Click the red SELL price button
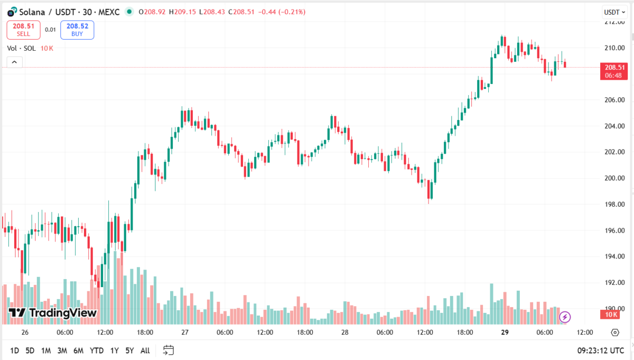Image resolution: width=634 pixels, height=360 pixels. coord(23,30)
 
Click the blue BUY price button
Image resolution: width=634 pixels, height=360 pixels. coord(77,30)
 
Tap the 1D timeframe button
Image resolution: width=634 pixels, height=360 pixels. coord(14,350)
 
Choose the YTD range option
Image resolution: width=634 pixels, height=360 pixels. coord(97,350)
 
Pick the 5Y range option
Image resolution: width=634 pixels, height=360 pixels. coord(129,350)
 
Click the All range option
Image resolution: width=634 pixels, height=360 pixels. coord(145,350)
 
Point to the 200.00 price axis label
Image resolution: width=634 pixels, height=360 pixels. coord(614,178)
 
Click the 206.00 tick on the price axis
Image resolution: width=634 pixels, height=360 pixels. coord(614,100)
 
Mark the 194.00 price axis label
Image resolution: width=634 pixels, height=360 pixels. coord(614,256)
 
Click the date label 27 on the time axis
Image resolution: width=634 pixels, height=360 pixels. coord(185,333)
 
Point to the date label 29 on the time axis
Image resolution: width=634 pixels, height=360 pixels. coord(505,333)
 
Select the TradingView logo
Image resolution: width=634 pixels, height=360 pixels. coord(53,313)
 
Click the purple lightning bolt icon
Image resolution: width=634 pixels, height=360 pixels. coord(565,317)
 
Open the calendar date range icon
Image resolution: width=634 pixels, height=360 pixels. coord(169,350)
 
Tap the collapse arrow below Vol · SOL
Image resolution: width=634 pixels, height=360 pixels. coord(14,62)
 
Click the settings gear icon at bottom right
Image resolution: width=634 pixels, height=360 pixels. coord(615,333)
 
